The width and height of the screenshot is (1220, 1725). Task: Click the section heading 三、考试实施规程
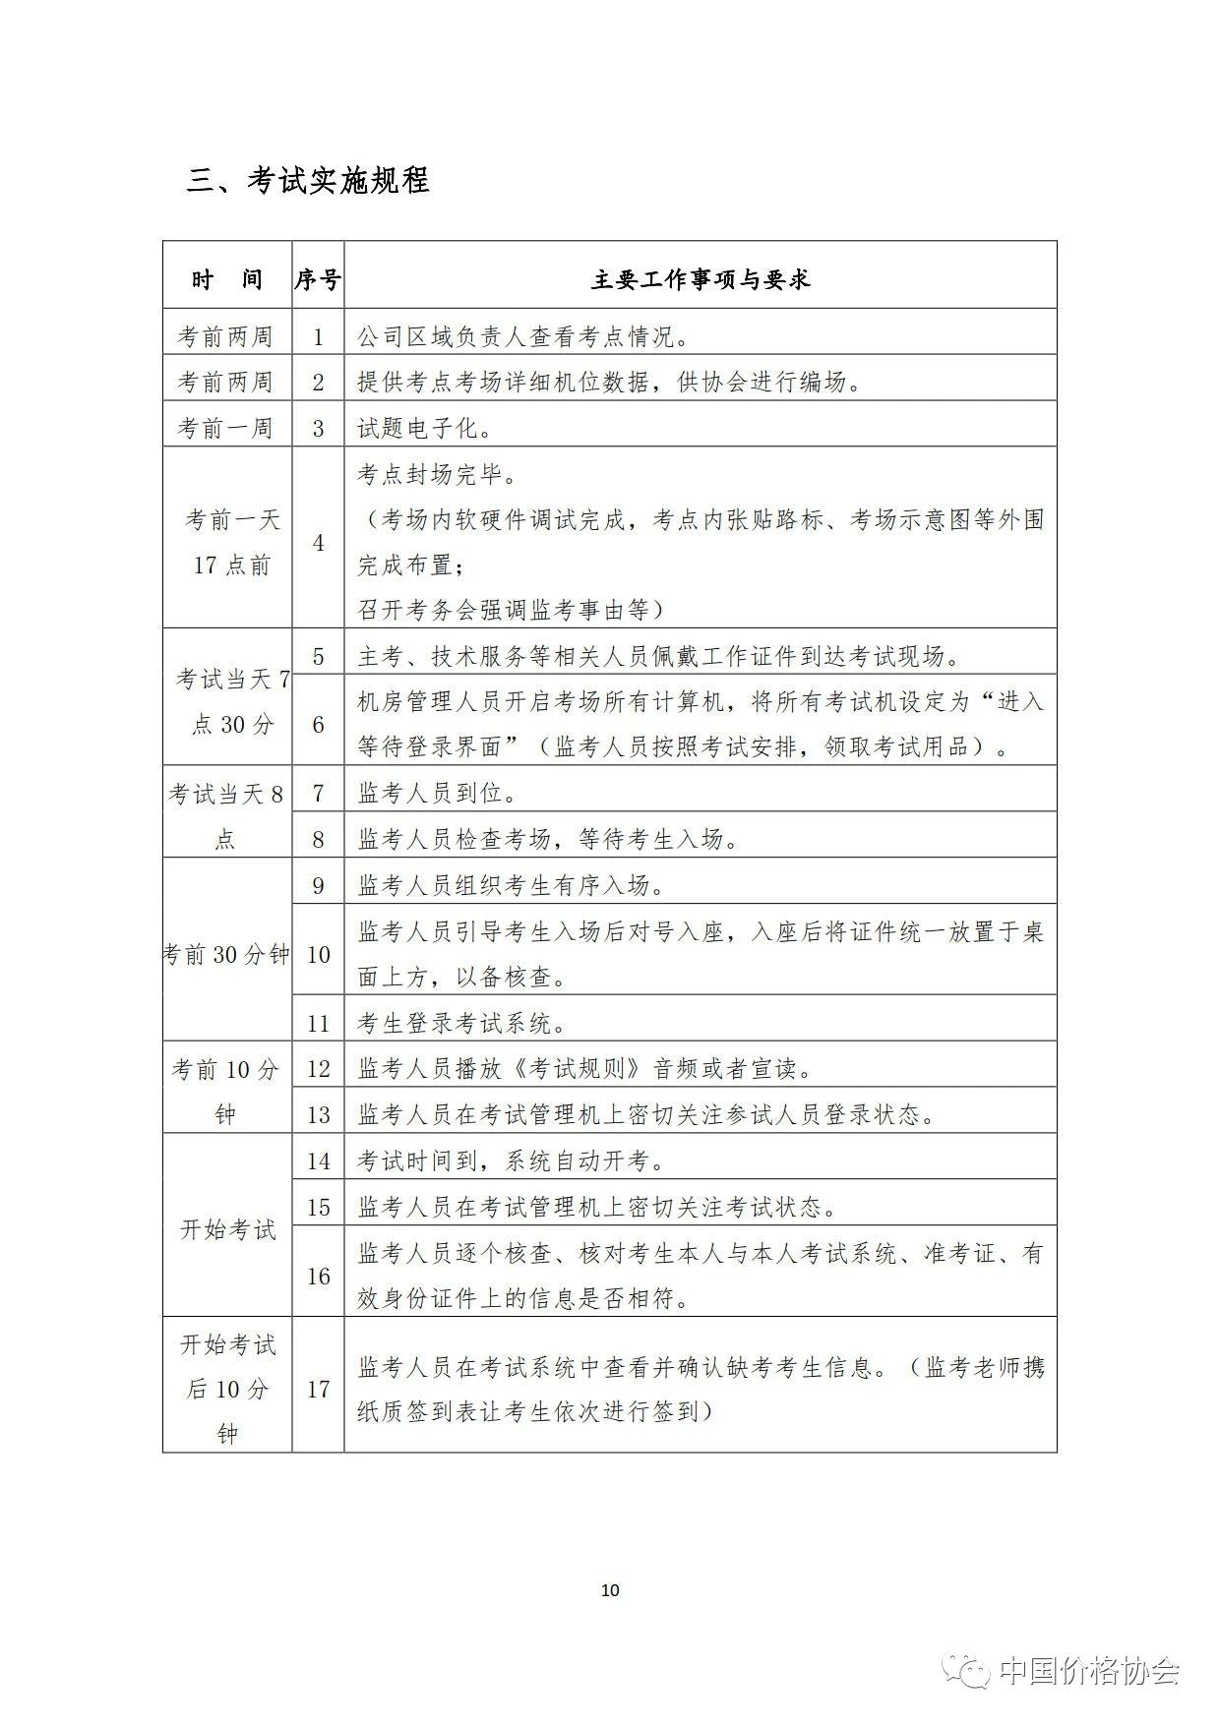(x=308, y=181)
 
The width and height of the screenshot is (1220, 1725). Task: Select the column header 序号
(x=318, y=280)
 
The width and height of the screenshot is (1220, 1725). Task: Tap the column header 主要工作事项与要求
(x=700, y=280)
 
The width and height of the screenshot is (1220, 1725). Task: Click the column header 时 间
(x=227, y=280)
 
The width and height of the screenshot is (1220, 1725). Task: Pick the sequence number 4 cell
(x=318, y=543)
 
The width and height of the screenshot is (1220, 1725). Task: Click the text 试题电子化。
(x=425, y=429)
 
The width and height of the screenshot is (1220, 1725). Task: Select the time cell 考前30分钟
(x=226, y=954)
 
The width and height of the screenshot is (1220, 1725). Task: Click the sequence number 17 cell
(x=318, y=1390)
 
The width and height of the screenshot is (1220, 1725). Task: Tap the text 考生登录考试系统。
(x=463, y=1024)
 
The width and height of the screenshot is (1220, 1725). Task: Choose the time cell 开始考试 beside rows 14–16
(x=227, y=1229)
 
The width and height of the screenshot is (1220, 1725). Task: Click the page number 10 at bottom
(x=610, y=1590)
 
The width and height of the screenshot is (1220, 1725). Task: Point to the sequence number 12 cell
(x=318, y=1069)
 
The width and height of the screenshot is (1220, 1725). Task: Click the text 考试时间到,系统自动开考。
(x=512, y=1161)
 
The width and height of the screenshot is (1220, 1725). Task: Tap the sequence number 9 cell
(x=318, y=886)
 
